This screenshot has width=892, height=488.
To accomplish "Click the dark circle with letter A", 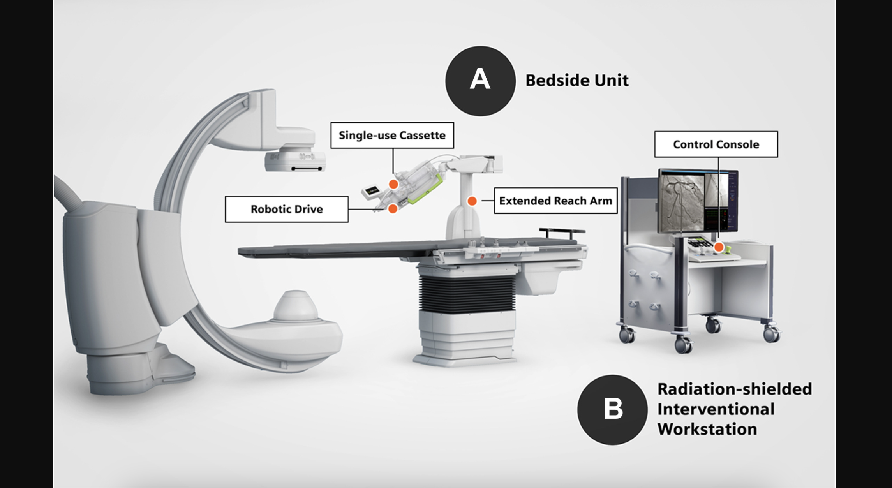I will click(480, 81).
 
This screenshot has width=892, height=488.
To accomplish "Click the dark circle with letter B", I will click(612, 410).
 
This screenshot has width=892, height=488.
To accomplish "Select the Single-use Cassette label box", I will click(392, 135).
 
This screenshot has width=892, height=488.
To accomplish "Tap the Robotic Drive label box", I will click(286, 209).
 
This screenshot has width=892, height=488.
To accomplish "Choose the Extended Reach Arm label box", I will click(555, 201).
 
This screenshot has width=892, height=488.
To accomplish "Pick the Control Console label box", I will click(716, 144).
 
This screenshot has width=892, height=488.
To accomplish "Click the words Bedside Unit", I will click(577, 81).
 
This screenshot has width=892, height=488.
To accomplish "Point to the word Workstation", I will click(707, 429).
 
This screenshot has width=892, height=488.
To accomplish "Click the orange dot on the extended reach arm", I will click(472, 201).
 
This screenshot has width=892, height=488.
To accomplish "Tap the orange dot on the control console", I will click(719, 247).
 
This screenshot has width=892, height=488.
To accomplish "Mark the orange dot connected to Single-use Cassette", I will click(393, 184).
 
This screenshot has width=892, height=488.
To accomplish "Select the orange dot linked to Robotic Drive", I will click(393, 209).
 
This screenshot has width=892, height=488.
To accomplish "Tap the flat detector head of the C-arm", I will click(295, 161).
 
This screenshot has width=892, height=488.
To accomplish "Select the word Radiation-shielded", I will click(734, 389).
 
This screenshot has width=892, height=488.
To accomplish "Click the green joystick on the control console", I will click(728, 248).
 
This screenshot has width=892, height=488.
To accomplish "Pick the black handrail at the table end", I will click(562, 231).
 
